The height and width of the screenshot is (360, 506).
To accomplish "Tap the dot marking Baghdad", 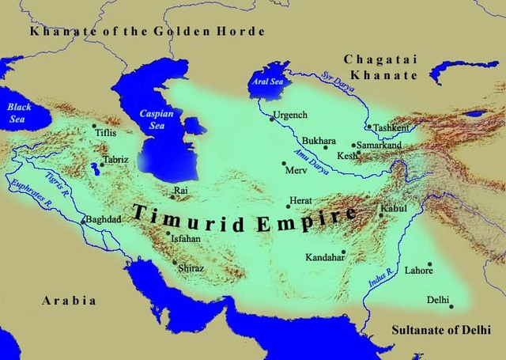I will pyautogui.click(x=84, y=221).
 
